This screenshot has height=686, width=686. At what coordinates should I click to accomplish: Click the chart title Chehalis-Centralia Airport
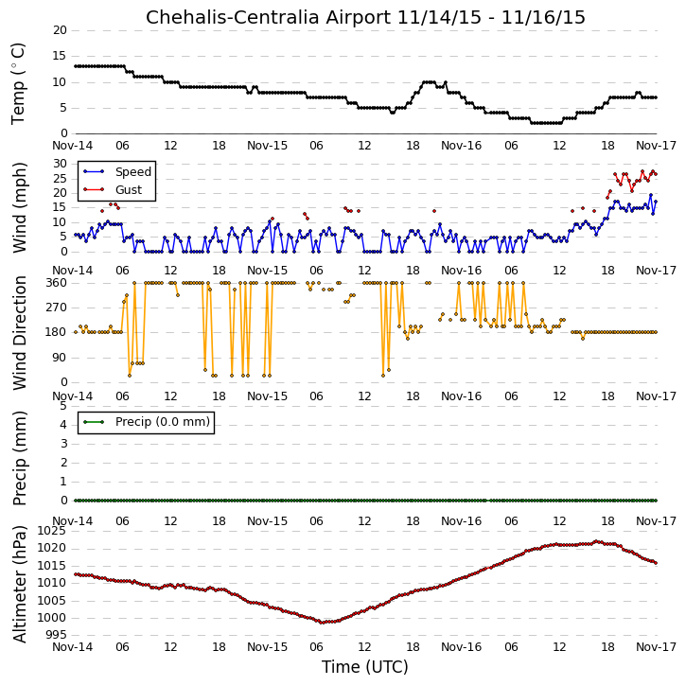(x=268, y=17)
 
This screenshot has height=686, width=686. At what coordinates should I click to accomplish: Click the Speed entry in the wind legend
(x=133, y=172)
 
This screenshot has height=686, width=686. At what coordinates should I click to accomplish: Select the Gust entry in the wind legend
(x=129, y=190)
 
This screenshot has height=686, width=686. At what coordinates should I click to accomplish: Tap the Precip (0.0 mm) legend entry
(x=163, y=422)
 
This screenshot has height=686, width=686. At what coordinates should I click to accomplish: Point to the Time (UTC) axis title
(x=365, y=667)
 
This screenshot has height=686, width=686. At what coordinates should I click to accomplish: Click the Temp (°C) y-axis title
(x=18, y=84)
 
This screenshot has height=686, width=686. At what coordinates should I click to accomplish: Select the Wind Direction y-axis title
(x=20, y=333)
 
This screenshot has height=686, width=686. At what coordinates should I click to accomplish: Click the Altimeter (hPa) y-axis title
(x=20, y=584)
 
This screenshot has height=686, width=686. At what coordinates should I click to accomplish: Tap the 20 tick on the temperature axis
(x=60, y=30)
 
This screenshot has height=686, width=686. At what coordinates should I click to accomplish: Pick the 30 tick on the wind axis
(x=60, y=164)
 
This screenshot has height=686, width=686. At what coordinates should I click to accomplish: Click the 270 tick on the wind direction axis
(x=57, y=308)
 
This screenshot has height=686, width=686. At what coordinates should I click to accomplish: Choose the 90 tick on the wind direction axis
(x=60, y=358)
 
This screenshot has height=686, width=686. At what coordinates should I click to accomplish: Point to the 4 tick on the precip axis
(x=64, y=425)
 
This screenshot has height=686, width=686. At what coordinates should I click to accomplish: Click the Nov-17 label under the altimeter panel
(x=656, y=647)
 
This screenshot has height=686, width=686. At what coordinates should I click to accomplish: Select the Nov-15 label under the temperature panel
(x=268, y=146)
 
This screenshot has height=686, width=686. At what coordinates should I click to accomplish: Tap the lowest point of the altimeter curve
(x=322, y=623)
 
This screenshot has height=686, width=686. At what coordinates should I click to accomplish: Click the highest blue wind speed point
(x=651, y=195)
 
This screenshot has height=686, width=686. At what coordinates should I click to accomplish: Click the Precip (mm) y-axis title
(x=20, y=459)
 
